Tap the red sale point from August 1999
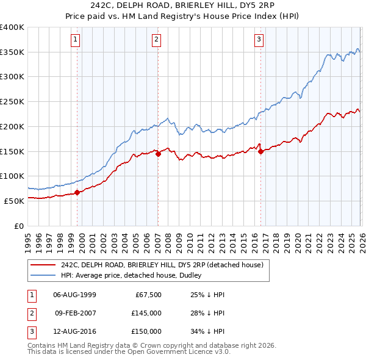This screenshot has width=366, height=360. click(x=77, y=192)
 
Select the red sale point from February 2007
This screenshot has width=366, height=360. click(x=158, y=154)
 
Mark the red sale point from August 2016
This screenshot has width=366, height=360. click(x=260, y=152)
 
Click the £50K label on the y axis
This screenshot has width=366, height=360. click(x=15, y=201)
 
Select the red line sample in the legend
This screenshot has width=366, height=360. click(x=43, y=265)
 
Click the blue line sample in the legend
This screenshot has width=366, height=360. click(x=43, y=275)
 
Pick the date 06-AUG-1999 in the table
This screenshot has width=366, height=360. click(x=74, y=295)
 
